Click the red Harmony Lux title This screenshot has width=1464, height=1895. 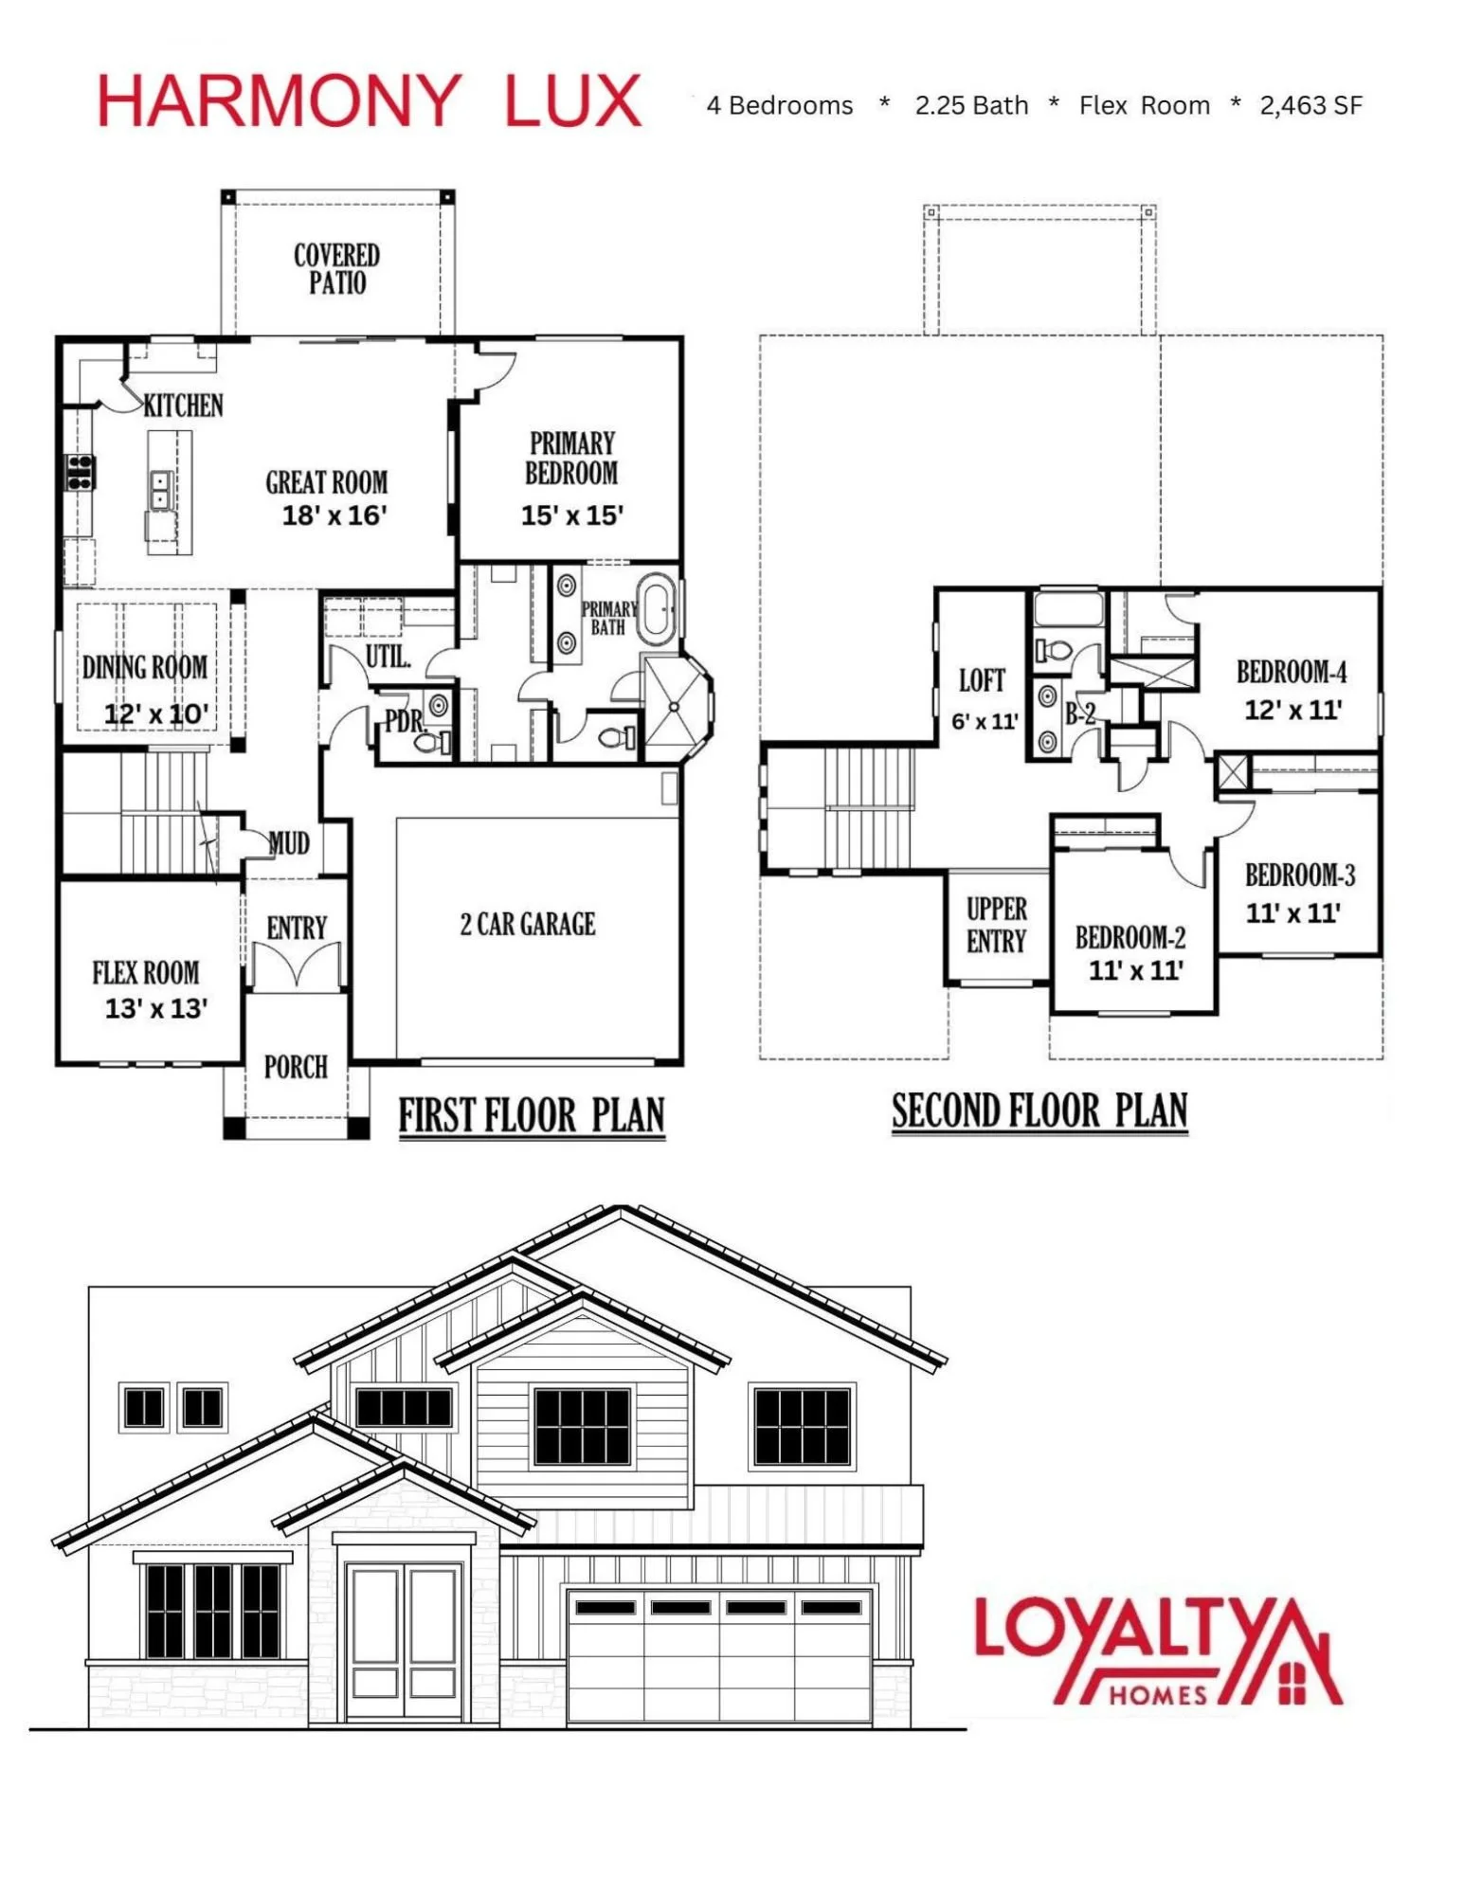370,101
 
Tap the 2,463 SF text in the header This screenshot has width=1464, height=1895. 1310,105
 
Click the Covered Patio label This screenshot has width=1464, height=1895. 336,268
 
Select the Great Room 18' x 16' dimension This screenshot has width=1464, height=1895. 335,515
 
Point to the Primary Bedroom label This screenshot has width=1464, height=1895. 571,458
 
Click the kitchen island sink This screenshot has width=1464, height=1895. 160,490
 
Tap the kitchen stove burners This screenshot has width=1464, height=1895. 80,471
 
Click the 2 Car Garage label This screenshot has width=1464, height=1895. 528,924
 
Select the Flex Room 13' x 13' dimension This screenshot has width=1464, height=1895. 156,1008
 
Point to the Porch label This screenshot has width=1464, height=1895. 296,1067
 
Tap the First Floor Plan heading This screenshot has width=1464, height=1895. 531,1115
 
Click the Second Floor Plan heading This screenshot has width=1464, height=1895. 1039,1110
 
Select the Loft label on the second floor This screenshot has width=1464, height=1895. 982,680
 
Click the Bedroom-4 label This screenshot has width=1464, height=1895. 1292,672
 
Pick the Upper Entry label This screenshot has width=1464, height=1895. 996,925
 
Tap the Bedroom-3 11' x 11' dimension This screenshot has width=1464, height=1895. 1292,913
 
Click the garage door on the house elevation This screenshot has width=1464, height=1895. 718,1654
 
